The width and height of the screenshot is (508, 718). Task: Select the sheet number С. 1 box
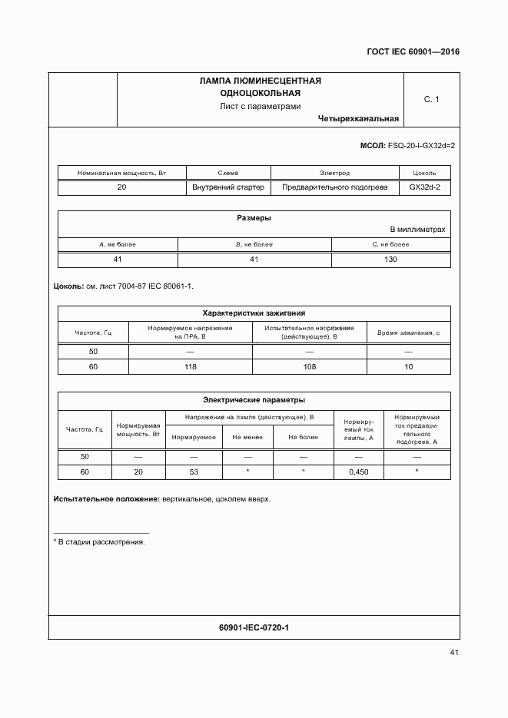(431, 99)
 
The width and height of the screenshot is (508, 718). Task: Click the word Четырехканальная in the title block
(357, 119)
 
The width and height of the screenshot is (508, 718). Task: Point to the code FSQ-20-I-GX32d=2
(422, 145)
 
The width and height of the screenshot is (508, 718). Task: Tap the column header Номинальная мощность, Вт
(121, 173)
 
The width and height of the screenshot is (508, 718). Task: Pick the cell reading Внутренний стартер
(227, 187)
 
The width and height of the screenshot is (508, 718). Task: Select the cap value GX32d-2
(425, 187)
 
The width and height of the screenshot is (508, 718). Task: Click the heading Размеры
(254, 217)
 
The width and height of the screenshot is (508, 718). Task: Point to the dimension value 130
(390, 260)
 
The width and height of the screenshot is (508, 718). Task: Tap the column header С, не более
(390, 244)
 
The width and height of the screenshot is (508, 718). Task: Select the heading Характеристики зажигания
(254, 313)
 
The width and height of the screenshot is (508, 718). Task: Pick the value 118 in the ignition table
(190, 367)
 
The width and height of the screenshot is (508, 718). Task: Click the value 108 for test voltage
(309, 367)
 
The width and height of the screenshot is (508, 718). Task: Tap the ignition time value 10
(408, 367)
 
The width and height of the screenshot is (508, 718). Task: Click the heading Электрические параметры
(254, 399)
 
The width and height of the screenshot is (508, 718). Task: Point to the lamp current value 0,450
(359, 471)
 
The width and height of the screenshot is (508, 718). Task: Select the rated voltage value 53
(194, 471)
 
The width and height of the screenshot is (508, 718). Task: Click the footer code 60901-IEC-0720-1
(254, 628)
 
